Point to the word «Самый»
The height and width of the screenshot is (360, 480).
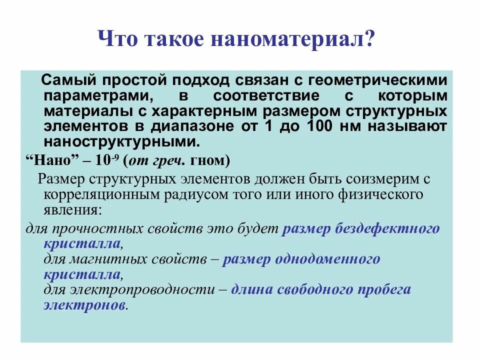64,80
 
